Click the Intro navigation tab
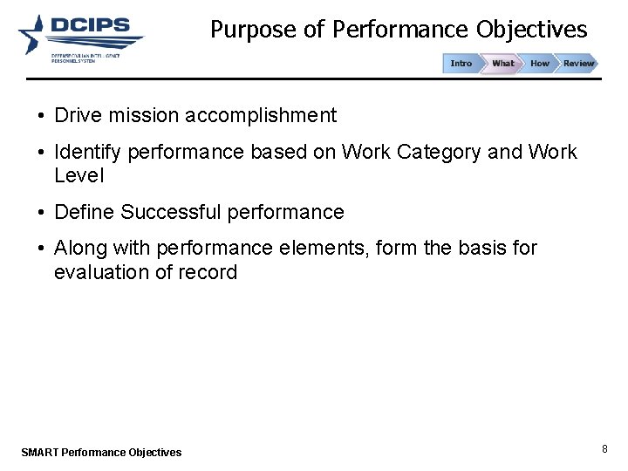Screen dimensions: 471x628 pos(461,64)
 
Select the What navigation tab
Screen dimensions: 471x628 pos(502,64)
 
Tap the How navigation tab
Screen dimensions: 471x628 pos(540,64)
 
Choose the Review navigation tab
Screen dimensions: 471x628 pos(578,64)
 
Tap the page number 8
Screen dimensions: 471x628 pos(604,449)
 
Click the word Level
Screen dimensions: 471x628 pos(78,175)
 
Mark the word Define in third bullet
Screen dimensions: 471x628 pos(84,212)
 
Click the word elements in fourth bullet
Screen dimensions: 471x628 pos(323,249)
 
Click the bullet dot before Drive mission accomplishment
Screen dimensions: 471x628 pos(41,116)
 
